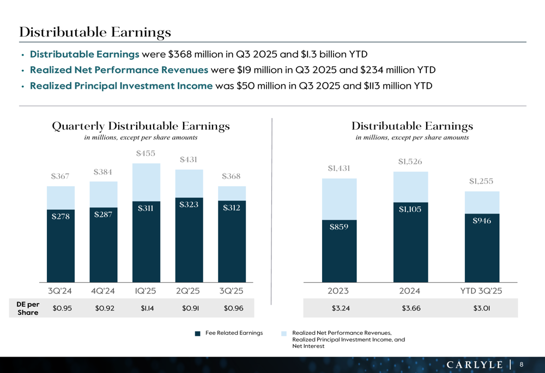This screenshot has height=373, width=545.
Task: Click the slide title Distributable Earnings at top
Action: (x=95, y=32)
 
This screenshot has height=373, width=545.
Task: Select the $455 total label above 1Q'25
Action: (x=146, y=154)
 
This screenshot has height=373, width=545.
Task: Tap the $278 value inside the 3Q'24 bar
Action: (x=60, y=216)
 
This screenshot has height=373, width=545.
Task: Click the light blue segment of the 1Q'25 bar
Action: (x=146, y=182)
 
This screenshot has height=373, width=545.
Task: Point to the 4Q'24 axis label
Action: (x=103, y=291)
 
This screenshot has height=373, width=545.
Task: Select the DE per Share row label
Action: (x=28, y=309)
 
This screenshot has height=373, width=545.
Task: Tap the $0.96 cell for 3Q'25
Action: (x=232, y=309)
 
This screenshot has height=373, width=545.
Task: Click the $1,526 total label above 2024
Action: (x=410, y=162)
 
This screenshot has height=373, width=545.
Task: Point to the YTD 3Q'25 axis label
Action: (x=481, y=291)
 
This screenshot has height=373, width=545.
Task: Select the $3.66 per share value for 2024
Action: (x=410, y=309)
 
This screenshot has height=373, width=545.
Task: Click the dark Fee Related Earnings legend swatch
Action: (x=198, y=333)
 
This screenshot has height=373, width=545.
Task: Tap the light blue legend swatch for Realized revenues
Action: (x=284, y=333)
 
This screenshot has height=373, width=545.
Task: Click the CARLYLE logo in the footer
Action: (x=475, y=364)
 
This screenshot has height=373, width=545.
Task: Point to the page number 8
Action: (x=522, y=364)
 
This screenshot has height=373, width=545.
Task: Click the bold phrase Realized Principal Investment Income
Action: (x=121, y=85)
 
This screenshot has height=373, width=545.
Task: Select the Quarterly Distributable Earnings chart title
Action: (x=141, y=126)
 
